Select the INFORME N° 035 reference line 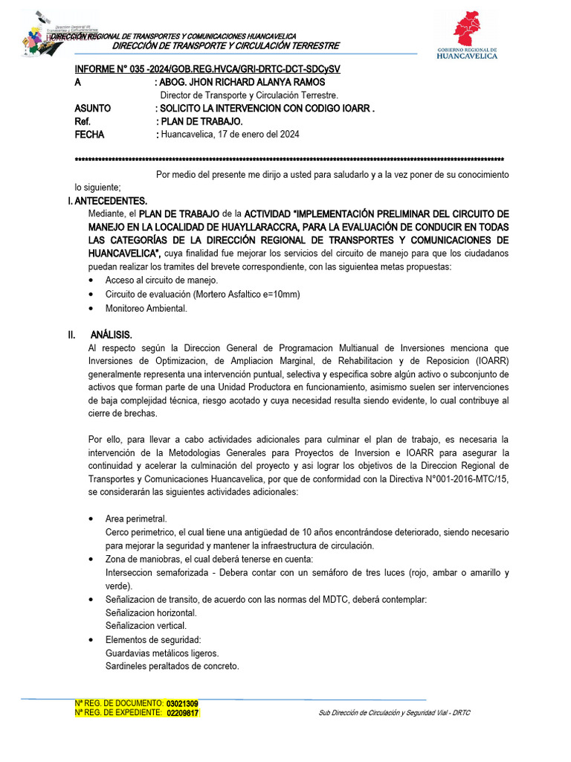(x=207, y=69)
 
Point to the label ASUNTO (x=93, y=109)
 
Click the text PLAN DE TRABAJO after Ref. (x=201, y=121)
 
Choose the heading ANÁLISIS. (x=112, y=335)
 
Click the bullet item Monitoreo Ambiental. (x=146, y=308)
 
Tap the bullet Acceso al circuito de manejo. (x=161, y=281)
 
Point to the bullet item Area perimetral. (x=136, y=519)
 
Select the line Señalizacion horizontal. (x=151, y=612)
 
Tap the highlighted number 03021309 (x=182, y=703)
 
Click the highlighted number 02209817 (x=182, y=713)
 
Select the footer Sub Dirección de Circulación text (x=394, y=713)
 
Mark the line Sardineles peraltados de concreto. (x=172, y=666)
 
